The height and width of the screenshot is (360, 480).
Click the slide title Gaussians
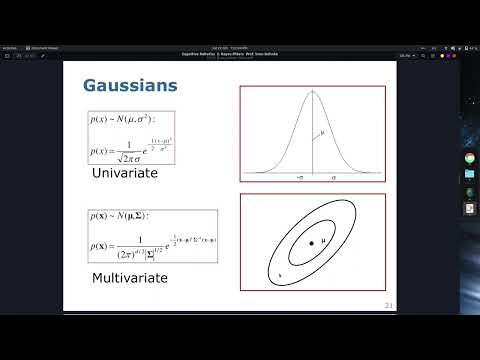[130, 86]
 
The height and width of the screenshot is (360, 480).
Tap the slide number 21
[388, 304]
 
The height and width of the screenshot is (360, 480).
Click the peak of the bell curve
[313, 93]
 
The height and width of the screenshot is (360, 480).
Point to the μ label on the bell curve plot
[322, 131]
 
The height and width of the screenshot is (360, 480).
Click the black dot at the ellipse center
[312, 243]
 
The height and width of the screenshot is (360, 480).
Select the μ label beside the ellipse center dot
[323, 242]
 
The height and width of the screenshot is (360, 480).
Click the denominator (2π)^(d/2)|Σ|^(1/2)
[149, 251]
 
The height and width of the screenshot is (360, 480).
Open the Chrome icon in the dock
[469, 158]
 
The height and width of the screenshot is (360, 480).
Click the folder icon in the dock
[469, 174]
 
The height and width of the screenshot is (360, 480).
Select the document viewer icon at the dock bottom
[469, 208]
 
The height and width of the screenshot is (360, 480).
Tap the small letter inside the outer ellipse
[281, 271]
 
